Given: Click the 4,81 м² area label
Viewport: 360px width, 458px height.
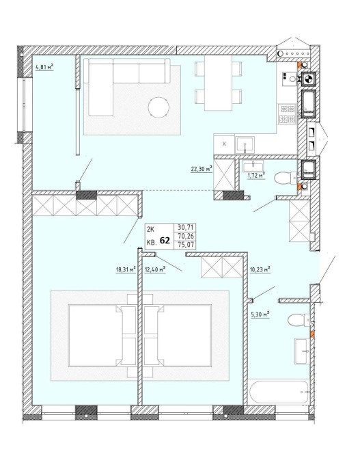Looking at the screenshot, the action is (44, 68).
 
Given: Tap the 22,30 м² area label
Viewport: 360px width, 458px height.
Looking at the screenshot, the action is (201, 169).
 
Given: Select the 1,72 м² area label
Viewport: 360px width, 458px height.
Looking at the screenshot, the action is (256, 175).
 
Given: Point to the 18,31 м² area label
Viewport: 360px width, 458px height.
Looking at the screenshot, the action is (126, 269).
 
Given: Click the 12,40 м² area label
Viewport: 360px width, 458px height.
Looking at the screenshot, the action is (155, 269).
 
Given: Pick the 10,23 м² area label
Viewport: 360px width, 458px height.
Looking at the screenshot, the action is (260, 269).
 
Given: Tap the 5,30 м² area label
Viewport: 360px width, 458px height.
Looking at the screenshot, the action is (260, 314).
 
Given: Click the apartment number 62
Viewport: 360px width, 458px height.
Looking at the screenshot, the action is (165, 241).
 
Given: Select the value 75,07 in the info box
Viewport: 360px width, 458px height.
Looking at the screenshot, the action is (186, 245).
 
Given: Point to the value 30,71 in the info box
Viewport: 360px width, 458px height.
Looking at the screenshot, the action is (186, 227).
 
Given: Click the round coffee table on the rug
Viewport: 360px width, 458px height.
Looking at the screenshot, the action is (158, 107).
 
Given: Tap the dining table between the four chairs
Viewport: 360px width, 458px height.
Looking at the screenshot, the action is (218, 83).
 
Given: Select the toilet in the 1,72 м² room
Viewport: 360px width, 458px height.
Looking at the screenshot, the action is (286, 178).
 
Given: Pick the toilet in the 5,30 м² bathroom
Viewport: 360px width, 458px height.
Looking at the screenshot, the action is (299, 320).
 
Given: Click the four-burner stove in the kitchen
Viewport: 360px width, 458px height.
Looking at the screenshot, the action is (288, 114).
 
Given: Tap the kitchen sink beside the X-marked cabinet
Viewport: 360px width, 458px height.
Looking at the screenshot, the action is (245, 144).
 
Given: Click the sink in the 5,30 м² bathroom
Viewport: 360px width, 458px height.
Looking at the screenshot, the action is (302, 351).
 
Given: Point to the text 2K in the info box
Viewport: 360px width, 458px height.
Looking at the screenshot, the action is (151, 230).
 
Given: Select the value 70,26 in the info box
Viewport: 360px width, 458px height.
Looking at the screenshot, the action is (186, 236).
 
